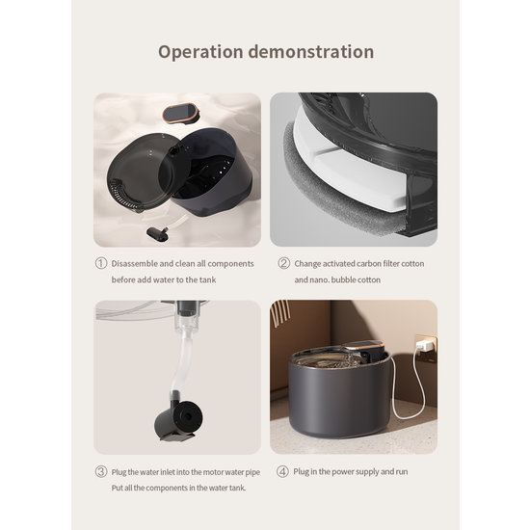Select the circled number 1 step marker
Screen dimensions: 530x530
click(x=100, y=263)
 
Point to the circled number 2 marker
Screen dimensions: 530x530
click(x=284, y=263)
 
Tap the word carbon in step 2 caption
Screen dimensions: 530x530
click(x=358, y=263)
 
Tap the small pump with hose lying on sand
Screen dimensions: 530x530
click(x=159, y=232)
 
